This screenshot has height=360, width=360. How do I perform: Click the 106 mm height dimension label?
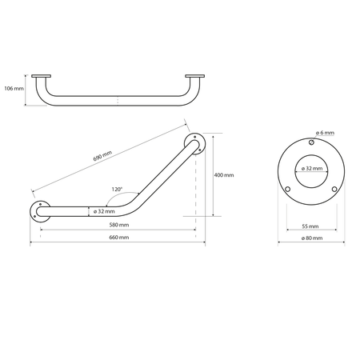pyautogui.click(x=14, y=88)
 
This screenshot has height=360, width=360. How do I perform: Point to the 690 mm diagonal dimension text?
pyautogui.click(x=102, y=156)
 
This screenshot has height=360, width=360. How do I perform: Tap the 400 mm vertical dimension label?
pyautogui.click(x=224, y=175)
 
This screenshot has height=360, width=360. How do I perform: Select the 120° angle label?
pyautogui.click(x=117, y=190)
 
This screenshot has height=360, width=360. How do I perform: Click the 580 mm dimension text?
pyautogui.click(x=119, y=225)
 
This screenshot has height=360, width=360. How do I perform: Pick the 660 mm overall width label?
pyautogui.click(x=119, y=238)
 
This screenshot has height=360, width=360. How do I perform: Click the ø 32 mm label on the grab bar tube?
pyautogui.click(x=104, y=211)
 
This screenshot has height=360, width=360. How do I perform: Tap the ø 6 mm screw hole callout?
pyautogui.click(x=325, y=133)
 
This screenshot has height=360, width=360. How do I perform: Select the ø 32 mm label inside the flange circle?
pyautogui.click(x=312, y=169)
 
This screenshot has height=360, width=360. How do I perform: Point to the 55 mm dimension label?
pyautogui.click(x=310, y=226)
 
